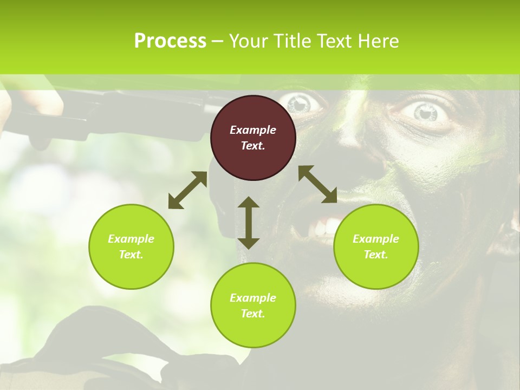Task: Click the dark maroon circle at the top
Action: [x=253, y=138]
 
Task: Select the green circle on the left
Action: [x=131, y=246]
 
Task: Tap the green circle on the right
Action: [x=376, y=246]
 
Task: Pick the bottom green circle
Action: [x=253, y=305]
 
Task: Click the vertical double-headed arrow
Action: [x=249, y=223]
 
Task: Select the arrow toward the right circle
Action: [x=317, y=184]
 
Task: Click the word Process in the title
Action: [x=170, y=41]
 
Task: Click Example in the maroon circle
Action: [x=253, y=130]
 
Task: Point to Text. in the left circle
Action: [x=131, y=255]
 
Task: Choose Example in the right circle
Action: [x=376, y=239]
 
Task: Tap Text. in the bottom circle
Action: [x=253, y=314]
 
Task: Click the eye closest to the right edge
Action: [x=425, y=112]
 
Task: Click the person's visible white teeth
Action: [x=323, y=226]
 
